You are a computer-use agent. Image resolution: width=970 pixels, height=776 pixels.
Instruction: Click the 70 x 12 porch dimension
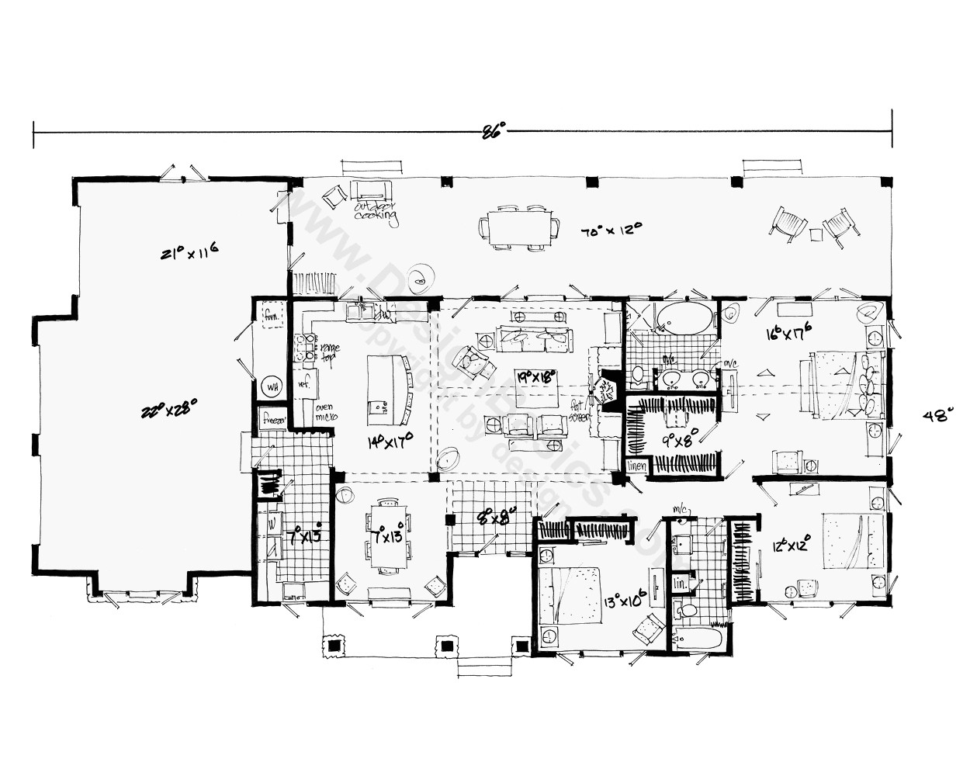point(612,230)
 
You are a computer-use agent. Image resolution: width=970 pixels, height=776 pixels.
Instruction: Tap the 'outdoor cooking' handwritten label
point(376,212)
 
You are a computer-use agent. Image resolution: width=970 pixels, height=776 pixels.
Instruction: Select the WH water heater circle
point(272,386)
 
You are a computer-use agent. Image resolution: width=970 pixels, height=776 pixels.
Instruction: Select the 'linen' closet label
point(636,466)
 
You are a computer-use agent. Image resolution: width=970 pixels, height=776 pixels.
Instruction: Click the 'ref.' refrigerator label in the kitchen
point(303,383)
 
